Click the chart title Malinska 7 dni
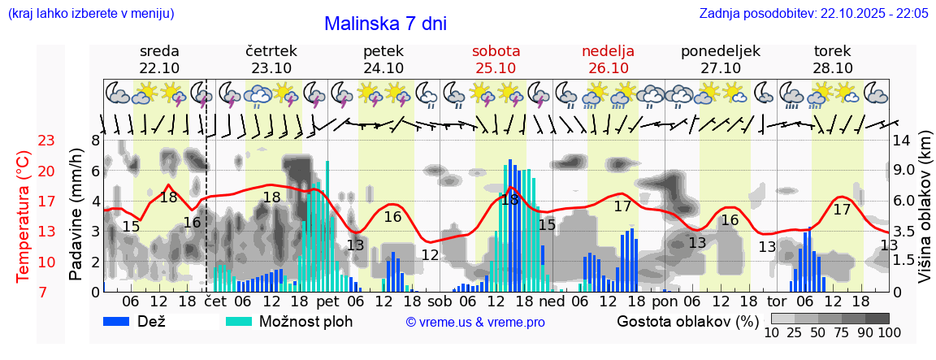385,24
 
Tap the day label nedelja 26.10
608,59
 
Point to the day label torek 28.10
833,59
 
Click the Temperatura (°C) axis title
24,216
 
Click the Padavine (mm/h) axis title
76,215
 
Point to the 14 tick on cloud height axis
902,141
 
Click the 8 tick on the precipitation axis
95,141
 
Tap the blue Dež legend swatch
122,321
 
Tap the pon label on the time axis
664,301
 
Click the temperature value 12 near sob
430,254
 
